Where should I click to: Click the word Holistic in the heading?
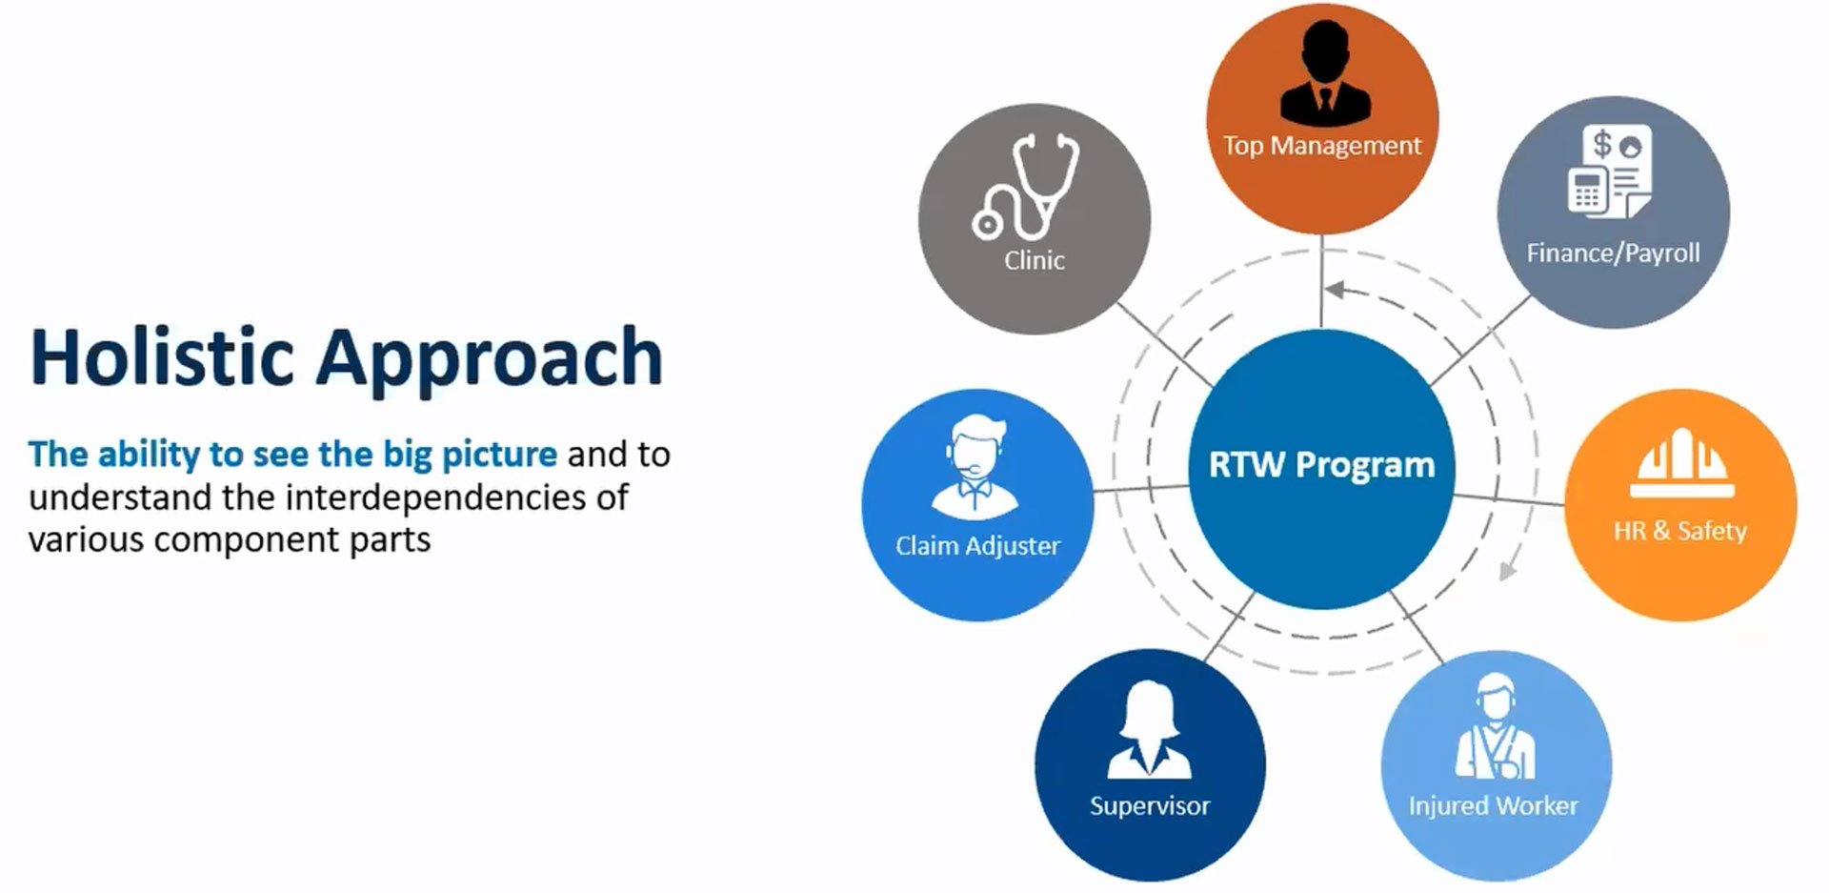click(162, 356)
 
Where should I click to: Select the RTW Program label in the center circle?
click(1321, 465)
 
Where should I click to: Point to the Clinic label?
click(1035, 260)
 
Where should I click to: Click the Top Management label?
click(1322, 146)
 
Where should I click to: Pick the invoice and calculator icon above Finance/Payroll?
click(1611, 170)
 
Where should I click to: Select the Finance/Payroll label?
click(1613, 253)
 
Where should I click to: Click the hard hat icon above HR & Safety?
click(1681, 462)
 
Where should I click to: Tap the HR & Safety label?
click(1680, 531)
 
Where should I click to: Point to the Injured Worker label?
click(1493, 806)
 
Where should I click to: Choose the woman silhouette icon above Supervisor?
click(1150, 729)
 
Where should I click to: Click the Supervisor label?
click(1150, 806)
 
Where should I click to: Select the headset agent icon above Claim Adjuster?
click(975, 467)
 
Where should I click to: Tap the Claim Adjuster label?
click(977, 546)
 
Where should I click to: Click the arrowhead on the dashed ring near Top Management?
click(1335, 288)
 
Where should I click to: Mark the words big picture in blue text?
click(471, 455)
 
